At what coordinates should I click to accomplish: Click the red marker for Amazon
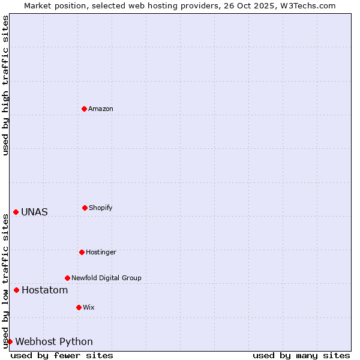click(x=84, y=109)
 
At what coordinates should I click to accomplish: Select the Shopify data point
click(x=85, y=208)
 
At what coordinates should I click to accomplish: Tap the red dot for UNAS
click(x=16, y=212)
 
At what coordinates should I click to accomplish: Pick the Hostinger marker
click(x=82, y=252)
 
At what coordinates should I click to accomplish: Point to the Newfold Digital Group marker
click(x=67, y=278)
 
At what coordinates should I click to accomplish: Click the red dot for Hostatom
click(x=16, y=290)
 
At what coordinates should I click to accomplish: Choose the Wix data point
click(x=79, y=307)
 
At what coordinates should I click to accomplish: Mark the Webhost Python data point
click(x=10, y=342)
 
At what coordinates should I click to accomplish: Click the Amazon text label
click(x=101, y=109)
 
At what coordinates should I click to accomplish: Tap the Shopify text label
click(x=101, y=208)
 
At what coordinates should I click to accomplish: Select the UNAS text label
click(x=34, y=212)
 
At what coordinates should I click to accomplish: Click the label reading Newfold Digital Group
click(x=106, y=278)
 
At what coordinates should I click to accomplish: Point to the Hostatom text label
click(x=44, y=290)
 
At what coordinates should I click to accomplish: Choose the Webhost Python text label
click(x=54, y=342)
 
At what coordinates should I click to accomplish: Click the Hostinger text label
click(x=101, y=252)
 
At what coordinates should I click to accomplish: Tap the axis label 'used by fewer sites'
click(x=62, y=355)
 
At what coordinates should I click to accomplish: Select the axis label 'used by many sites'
click(x=301, y=355)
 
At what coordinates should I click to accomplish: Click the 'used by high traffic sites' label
click(x=5, y=85)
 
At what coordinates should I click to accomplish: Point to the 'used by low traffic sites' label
click(x=5, y=281)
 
